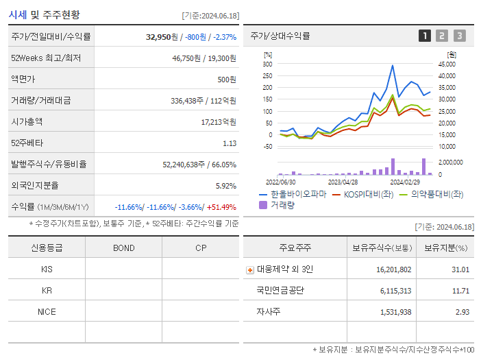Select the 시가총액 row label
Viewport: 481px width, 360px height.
click(x=27, y=121)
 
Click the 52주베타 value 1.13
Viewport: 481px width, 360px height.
click(x=230, y=143)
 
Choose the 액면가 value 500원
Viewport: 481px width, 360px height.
click(x=226, y=79)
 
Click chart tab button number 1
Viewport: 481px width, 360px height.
click(x=425, y=36)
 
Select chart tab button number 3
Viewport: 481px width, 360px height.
click(x=459, y=36)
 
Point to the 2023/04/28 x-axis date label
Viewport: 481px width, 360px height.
click(x=343, y=182)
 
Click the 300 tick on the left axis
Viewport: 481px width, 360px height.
click(x=267, y=64)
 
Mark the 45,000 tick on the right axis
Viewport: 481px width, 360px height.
click(x=447, y=64)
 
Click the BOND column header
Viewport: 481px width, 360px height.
click(x=123, y=248)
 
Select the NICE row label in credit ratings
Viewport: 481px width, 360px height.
click(x=47, y=311)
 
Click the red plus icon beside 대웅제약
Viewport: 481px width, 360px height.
click(x=250, y=269)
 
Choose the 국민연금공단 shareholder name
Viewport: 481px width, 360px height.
click(x=280, y=291)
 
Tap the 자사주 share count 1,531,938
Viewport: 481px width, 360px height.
click(x=393, y=312)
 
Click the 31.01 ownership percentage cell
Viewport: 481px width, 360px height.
click(x=460, y=269)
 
